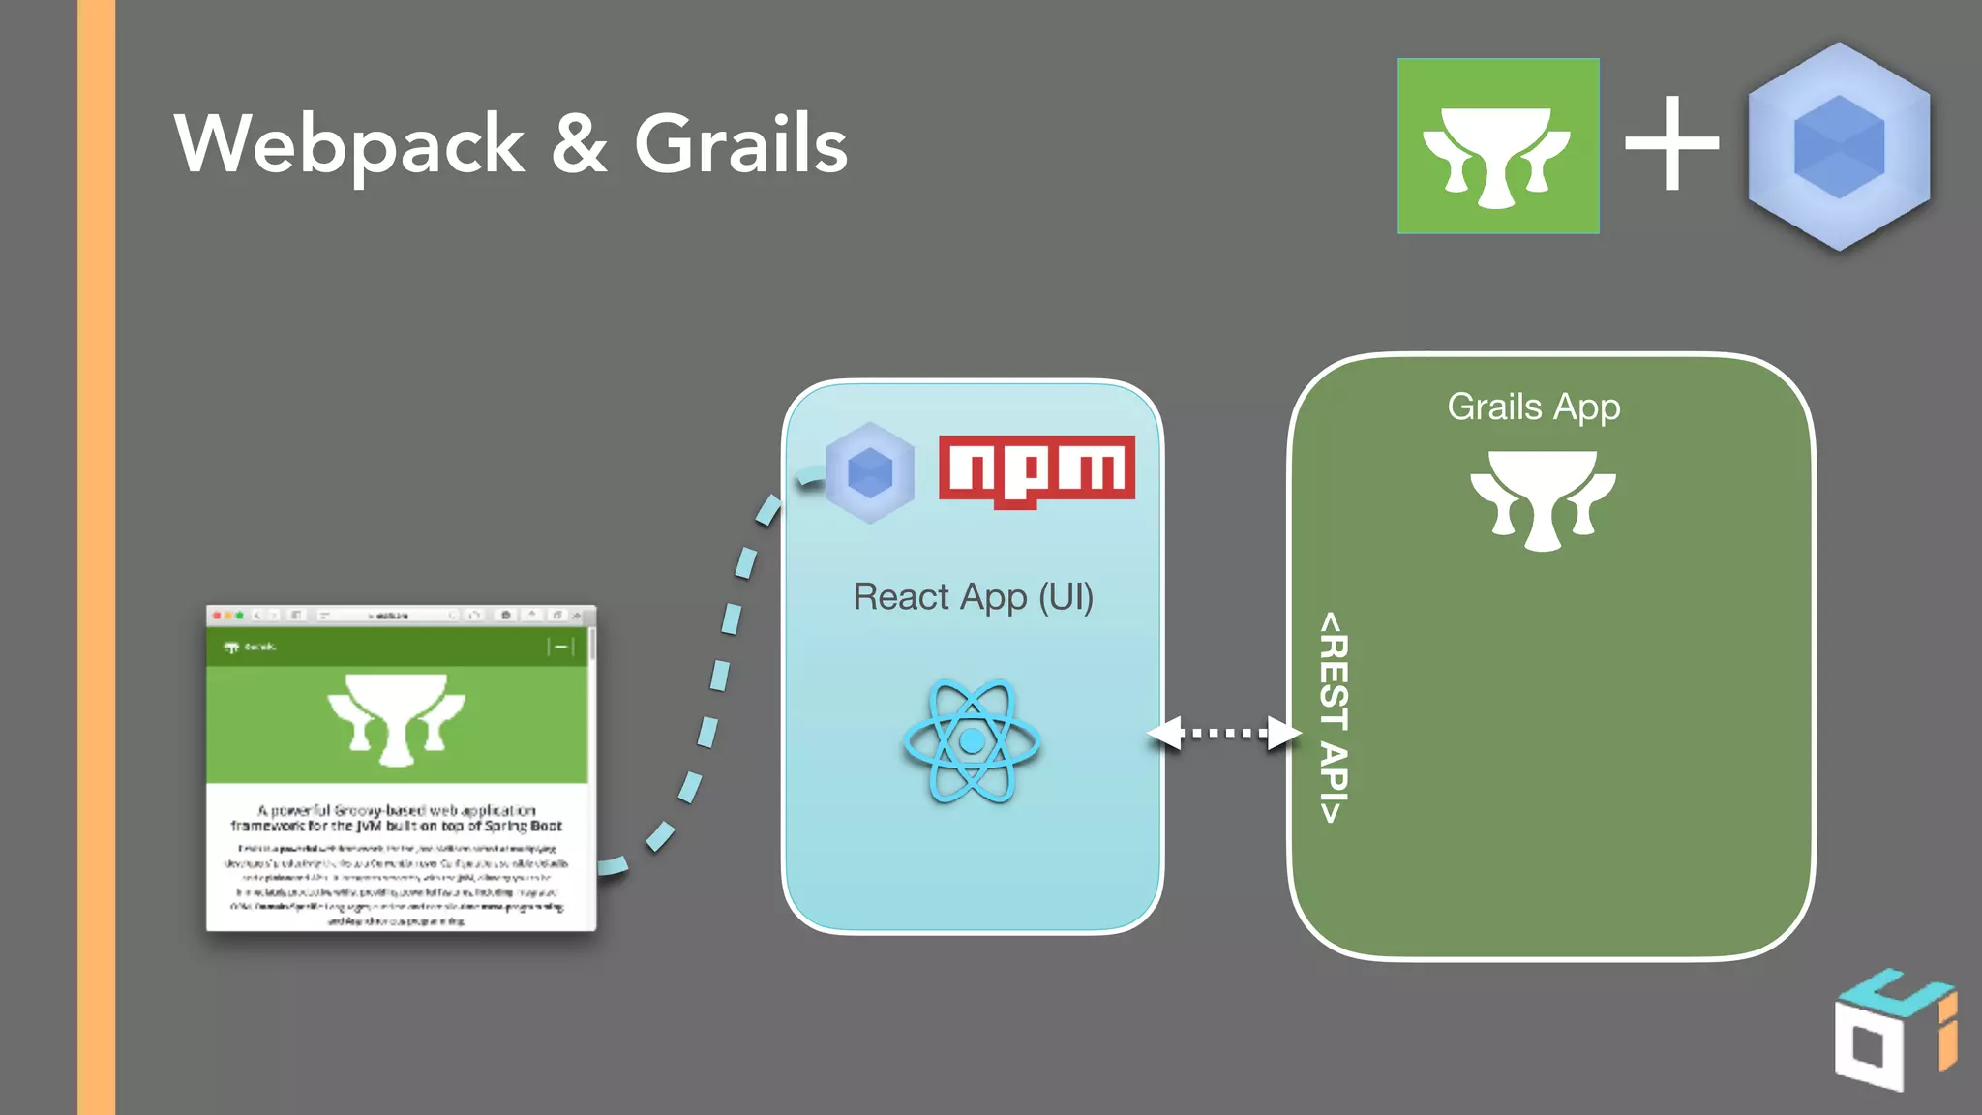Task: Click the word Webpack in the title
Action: click(x=348, y=145)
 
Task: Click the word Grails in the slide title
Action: click(x=740, y=145)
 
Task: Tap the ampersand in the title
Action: click(x=579, y=145)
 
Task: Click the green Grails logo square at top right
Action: click(x=1497, y=146)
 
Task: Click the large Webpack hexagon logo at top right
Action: click(x=1839, y=146)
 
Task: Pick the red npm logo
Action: click(x=1036, y=469)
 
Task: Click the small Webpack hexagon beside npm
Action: click(x=869, y=473)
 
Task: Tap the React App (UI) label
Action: click(x=973, y=597)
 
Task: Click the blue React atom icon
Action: click(x=972, y=741)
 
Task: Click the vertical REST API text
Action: click(x=1334, y=717)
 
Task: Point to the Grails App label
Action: click(x=1533, y=407)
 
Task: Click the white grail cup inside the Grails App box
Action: click(x=1542, y=499)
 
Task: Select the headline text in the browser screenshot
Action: click(x=397, y=818)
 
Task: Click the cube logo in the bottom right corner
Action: click(x=1892, y=1031)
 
